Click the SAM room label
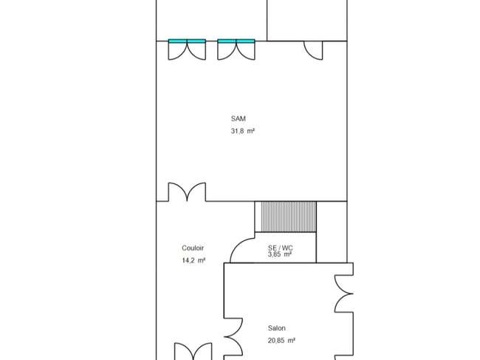click(239, 118)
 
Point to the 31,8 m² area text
click(243, 131)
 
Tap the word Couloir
click(193, 248)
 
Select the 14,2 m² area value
click(193, 260)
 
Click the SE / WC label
click(280, 248)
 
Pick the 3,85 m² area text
click(279, 254)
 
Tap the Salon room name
click(277, 328)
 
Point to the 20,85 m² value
click(281, 340)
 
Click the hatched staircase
click(286, 217)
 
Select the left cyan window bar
click(187, 41)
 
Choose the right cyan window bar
click(236, 41)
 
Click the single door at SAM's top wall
click(313, 50)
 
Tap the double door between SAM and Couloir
click(187, 191)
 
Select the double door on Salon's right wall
click(344, 293)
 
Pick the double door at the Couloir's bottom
click(193, 351)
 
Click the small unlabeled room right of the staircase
click(332, 232)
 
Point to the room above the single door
click(307, 20)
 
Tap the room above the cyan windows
click(211, 20)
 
